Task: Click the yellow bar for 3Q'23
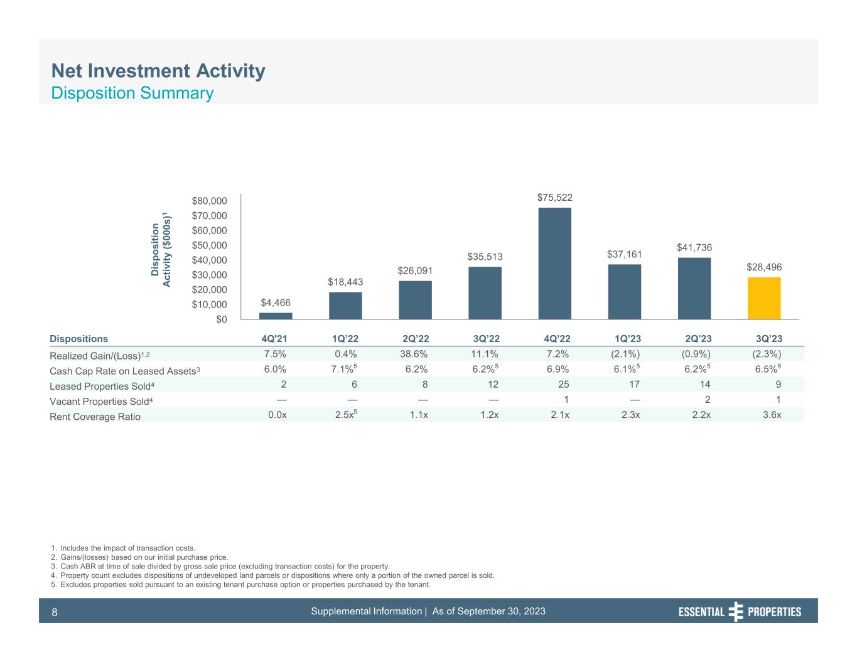[x=763, y=298]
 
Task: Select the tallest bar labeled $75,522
[x=554, y=264]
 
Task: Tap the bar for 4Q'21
[x=276, y=316]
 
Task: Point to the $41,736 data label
[x=694, y=248]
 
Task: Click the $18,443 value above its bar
[x=345, y=282]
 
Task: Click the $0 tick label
[x=219, y=319]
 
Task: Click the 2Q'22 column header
[x=415, y=339]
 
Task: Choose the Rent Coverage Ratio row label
[x=95, y=417]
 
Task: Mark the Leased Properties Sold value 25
[x=563, y=385]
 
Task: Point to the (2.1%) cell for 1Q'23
[x=626, y=355]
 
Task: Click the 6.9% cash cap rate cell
[x=558, y=370]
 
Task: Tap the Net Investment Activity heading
[x=158, y=72]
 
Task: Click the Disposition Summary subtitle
[x=132, y=93]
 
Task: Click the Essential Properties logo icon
[x=736, y=612]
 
